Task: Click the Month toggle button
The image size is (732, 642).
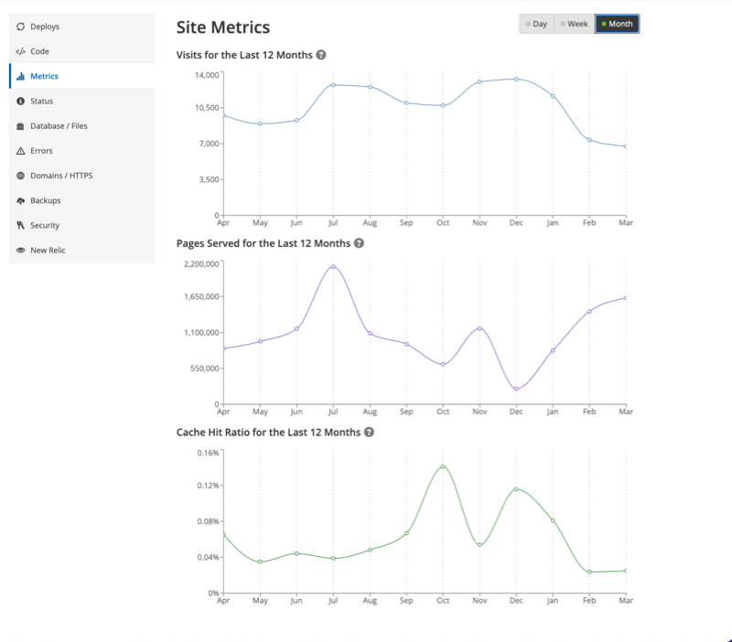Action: click(617, 24)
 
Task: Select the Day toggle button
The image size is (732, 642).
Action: click(536, 24)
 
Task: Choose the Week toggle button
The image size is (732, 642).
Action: click(574, 24)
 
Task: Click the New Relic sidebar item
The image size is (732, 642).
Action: click(48, 250)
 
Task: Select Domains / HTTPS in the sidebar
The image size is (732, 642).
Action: click(61, 176)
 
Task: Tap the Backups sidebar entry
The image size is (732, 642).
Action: click(45, 200)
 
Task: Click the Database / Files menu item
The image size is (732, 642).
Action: click(59, 126)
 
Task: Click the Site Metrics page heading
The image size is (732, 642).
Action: click(222, 27)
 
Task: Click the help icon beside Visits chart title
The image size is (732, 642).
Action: click(321, 55)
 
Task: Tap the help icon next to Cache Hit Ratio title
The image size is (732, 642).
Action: click(369, 432)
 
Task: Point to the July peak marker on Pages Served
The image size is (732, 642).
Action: click(333, 266)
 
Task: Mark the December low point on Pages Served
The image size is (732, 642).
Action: click(516, 390)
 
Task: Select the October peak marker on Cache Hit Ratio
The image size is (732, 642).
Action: click(443, 466)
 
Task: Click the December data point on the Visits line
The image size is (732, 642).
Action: click(516, 79)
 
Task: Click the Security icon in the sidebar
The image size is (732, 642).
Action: click(20, 225)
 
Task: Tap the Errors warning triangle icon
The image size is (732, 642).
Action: click(20, 151)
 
